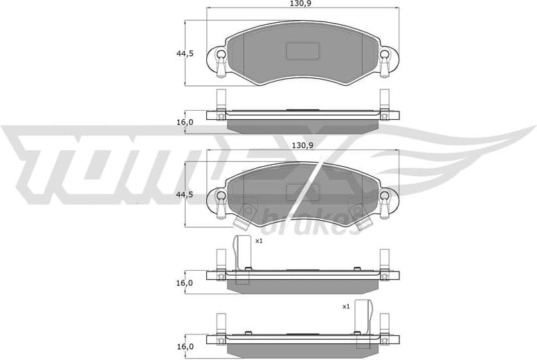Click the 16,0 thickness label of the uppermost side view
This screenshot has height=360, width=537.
[x=184, y=122]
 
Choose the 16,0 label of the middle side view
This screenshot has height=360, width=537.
[x=184, y=283]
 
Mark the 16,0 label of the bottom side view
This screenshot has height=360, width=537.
[x=184, y=346]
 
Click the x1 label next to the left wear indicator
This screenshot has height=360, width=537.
[x=259, y=241]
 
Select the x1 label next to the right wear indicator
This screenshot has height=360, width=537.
[x=345, y=305]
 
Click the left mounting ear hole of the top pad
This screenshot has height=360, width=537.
[x=220, y=55]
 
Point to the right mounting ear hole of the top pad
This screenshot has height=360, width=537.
[x=384, y=55]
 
